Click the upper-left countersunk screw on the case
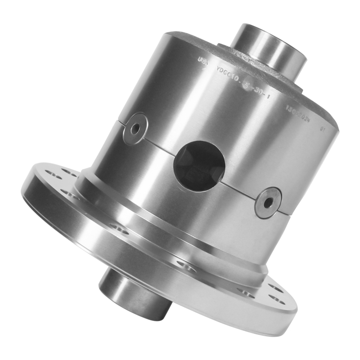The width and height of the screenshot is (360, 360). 135,128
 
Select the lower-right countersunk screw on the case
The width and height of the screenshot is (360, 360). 268,202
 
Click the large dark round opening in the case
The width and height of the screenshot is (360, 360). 199,166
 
